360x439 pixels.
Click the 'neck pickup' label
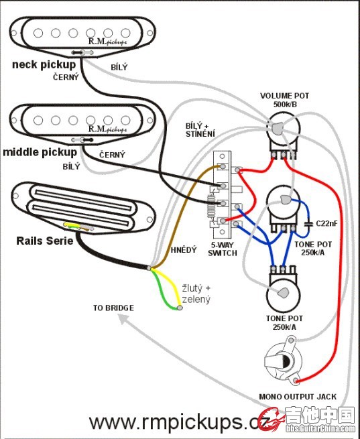tap(44, 64)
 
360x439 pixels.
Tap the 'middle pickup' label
tap(40, 152)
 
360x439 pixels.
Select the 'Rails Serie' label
tap(44, 241)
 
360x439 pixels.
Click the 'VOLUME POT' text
tap(284, 96)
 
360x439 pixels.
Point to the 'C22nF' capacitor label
tap(326, 224)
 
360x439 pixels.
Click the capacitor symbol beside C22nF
tap(308, 224)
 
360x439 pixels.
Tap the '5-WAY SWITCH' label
tap(223, 249)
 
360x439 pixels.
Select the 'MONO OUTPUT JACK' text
tap(298, 397)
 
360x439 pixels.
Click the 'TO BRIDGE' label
tap(113, 308)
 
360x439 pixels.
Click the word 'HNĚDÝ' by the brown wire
tap(184, 250)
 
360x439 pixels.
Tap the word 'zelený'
tap(196, 300)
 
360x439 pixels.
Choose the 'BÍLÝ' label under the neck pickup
tap(119, 67)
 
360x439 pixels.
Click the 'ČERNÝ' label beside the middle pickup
tap(112, 155)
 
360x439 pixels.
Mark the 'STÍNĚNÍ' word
tap(200, 134)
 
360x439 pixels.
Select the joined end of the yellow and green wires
tap(180, 308)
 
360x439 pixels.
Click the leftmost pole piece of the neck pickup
tap(38, 33)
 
